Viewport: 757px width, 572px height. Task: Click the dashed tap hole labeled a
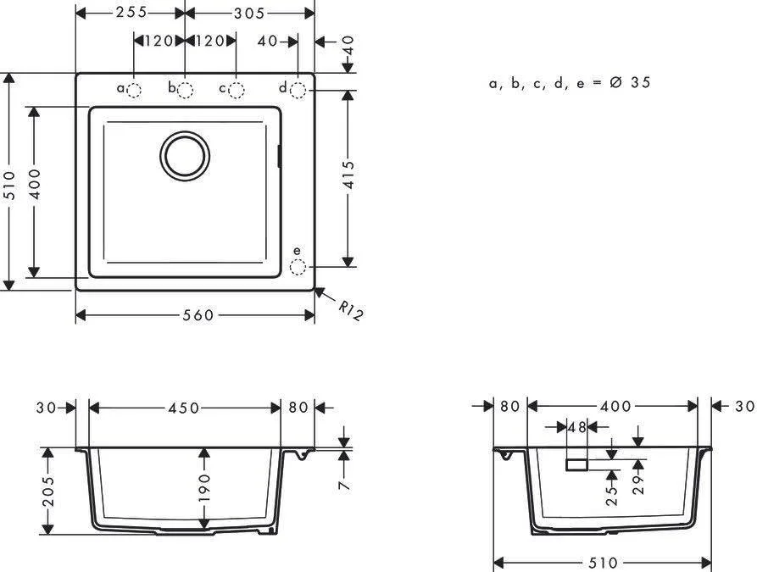(x=135, y=90)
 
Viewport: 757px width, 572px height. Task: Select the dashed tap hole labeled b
(x=186, y=90)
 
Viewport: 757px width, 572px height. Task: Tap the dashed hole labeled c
(x=237, y=90)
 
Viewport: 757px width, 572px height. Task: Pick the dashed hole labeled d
(x=298, y=90)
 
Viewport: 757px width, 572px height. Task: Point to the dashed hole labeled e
(x=298, y=268)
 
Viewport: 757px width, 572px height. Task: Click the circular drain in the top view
(x=185, y=155)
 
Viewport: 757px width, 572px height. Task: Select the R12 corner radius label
(x=350, y=311)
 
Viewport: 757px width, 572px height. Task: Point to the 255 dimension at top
(x=131, y=12)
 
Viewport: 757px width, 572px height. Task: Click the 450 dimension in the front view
(x=183, y=408)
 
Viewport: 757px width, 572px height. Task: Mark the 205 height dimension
(x=48, y=491)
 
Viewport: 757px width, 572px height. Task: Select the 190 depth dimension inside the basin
(x=204, y=489)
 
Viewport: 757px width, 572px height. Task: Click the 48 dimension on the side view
(x=577, y=428)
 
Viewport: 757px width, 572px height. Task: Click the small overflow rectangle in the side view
(x=577, y=464)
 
